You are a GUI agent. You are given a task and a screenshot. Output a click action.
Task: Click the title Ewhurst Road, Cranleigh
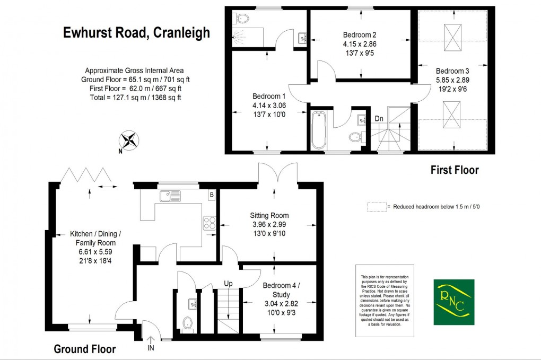coord(136,33)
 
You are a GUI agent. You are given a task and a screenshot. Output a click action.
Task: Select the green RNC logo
coord(453,302)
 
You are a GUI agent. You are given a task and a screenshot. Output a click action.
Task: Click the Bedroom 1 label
coord(269,96)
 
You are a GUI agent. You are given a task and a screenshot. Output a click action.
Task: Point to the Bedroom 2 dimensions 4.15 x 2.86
coord(360,44)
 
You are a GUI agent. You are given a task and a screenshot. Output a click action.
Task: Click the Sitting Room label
coord(269,215)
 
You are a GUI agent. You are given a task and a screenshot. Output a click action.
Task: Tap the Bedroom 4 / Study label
coord(281,289)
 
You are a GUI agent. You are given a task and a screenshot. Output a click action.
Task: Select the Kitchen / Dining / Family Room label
coord(95,238)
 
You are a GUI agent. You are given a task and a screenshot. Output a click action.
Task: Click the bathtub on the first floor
coord(319,130)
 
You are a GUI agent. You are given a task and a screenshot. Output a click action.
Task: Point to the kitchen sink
coord(170,197)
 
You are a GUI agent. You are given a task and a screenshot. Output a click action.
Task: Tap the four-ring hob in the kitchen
coord(209,224)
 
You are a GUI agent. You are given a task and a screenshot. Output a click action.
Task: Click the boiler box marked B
coord(212,195)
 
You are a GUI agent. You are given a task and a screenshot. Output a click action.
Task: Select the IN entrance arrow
coord(150,343)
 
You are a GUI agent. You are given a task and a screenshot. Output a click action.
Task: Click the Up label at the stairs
coord(229,284)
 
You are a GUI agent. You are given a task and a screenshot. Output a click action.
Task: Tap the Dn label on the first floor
coord(379,119)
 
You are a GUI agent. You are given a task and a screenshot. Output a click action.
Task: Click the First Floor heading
coord(454,170)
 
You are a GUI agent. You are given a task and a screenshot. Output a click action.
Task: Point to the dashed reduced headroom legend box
coord(376,207)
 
